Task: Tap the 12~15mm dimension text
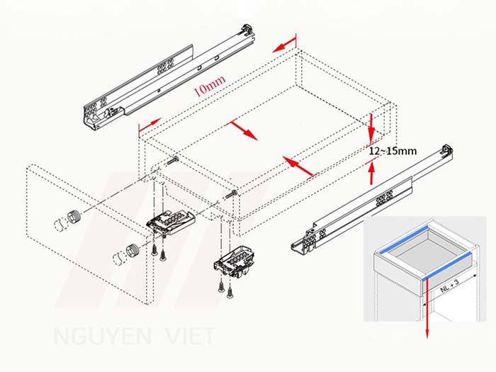pyautogui.click(x=393, y=151)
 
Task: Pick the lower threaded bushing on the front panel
pyautogui.click(x=133, y=250)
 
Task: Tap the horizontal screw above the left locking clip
pyautogui.click(x=174, y=162)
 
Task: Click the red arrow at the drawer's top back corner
pyautogui.click(x=284, y=47)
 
